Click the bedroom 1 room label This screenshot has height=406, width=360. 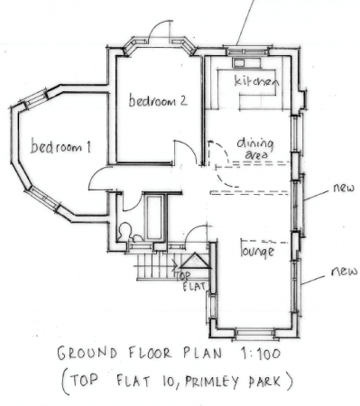[x=62, y=147]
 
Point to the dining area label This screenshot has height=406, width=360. [x=254, y=149]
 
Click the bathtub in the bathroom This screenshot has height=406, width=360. [x=155, y=217]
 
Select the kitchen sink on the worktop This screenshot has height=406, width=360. [x=242, y=64]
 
